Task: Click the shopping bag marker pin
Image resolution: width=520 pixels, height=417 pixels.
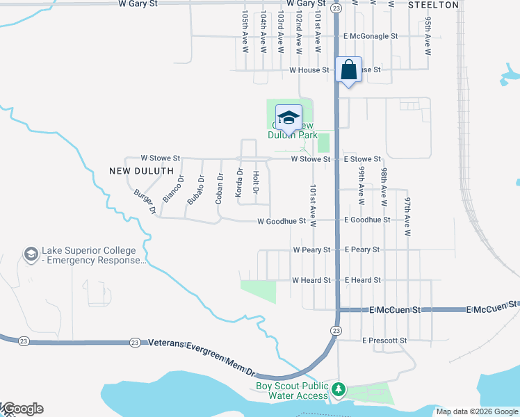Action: pyautogui.click(x=348, y=70)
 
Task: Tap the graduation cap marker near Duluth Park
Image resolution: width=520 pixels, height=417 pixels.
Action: pyautogui.click(x=289, y=118)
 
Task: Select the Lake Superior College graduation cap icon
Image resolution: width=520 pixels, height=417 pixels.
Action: pyautogui.click(x=31, y=255)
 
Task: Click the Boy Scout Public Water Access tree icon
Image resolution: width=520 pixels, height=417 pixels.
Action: pyautogui.click(x=339, y=389)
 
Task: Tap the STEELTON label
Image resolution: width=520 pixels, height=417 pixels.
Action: pyautogui.click(x=433, y=5)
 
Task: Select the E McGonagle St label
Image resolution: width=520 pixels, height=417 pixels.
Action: pyautogui.click(x=370, y=36)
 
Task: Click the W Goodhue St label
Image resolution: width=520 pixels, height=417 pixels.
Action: pyautogui.click(x=282, y=222)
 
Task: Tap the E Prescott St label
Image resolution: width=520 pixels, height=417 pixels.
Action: pyautogui.click(x=384, y=341)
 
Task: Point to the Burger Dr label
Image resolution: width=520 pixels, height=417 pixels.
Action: pyautogui.click(x=145, y=201)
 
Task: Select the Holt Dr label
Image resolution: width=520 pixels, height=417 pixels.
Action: pyautogui.click(x=256, y=182)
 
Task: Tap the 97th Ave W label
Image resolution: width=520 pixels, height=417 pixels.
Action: pyautogui.click(x=407, y=213)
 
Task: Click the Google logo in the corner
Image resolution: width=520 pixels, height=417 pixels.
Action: pyautogui.click(x=23, y=409)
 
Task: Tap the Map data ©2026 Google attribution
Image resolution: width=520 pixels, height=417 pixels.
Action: pyautogui.click(x=477, y=411)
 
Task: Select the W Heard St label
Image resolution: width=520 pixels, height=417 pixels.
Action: pyautogui.click(x=311, y=280)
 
